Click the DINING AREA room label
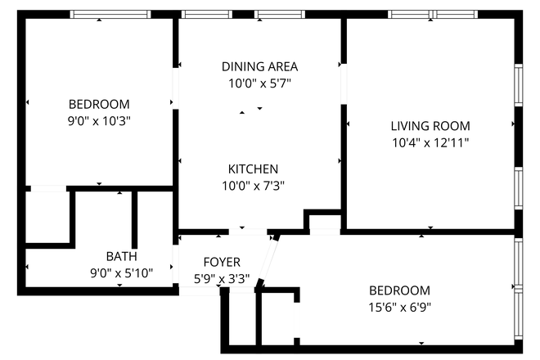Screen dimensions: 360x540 259,66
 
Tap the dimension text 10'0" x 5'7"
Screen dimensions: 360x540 259,83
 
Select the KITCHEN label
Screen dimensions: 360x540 259,169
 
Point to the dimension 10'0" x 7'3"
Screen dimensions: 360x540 259,185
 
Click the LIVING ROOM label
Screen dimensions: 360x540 430,126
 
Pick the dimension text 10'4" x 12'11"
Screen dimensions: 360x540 430,142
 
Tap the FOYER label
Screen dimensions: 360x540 222,262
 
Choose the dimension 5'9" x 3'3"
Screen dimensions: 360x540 222,278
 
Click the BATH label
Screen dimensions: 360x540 121,256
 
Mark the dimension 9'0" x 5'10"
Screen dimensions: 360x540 121,273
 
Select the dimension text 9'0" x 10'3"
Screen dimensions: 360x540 99,120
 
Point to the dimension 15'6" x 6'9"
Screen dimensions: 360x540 399,308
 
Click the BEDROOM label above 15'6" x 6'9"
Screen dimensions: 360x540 399,290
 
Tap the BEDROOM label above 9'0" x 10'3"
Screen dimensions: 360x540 99,104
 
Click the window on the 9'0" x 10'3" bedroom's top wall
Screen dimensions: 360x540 110,14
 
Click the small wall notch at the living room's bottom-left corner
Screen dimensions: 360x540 324,222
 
